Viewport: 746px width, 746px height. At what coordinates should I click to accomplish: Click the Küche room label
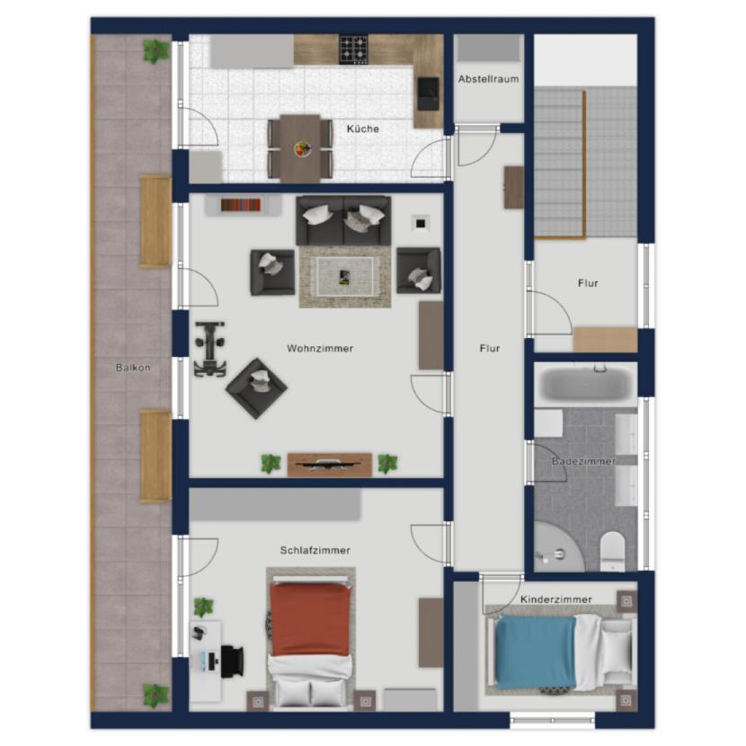point(362,129)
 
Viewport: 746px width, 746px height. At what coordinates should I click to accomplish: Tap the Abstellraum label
point(488,79)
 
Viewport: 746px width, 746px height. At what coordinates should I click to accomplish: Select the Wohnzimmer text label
point(320,348)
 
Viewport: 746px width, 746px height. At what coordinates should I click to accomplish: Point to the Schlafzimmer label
point(315,550)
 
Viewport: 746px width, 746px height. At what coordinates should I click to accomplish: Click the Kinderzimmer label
point(555,599)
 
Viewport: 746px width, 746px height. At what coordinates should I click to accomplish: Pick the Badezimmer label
point(583,461)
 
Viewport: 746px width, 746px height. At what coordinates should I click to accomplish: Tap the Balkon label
point(133,368)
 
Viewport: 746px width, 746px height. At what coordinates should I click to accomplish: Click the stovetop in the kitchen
point(353,49)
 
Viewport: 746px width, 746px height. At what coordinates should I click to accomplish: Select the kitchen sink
point(428,93)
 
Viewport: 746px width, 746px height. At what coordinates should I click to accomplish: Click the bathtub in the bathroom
point(585,384)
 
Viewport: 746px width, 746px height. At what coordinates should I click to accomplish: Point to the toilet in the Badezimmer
point(612,551)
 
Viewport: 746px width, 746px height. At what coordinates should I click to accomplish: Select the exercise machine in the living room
point(209,350)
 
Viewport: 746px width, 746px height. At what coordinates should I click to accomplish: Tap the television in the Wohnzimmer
point(329,464)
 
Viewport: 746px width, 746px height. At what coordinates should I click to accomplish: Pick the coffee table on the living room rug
point(345,277)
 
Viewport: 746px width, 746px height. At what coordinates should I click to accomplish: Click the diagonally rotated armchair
point(256,388)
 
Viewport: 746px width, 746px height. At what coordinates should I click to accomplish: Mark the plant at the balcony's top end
point(156,51)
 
